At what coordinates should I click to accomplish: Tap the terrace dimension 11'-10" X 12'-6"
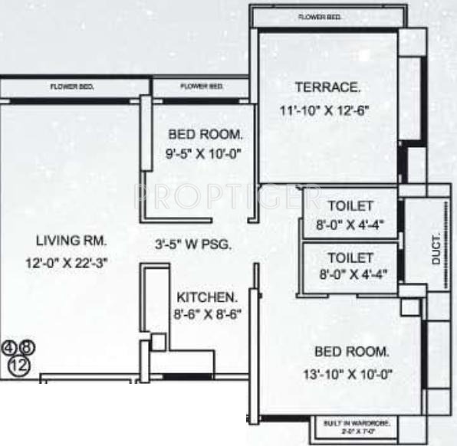pyautogui.click(x=324, y=110)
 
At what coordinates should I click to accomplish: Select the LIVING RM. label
pyautogui.click(x=65, y=241)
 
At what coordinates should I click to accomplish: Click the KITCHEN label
pyautogui.click(x=207, y=296)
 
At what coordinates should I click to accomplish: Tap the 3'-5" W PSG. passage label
pyautogui.click(x=192, y=245)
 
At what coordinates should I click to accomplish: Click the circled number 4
pyautogui.click(x=10, y=348)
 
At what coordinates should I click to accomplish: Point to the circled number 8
pyautogui.click(x=28, y=348)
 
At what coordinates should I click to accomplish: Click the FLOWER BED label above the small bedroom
pyautogui.click(x=202, y=87)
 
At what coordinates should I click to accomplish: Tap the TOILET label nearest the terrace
pyautogui.click(x=350, y=205)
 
